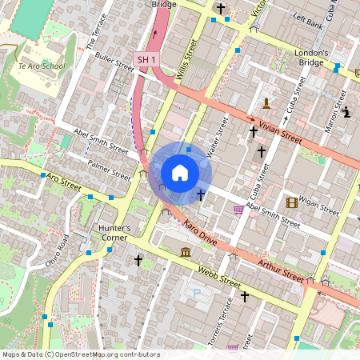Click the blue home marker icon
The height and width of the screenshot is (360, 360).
tap(180, 173)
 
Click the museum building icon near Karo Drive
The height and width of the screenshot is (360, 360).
tap(186, 254)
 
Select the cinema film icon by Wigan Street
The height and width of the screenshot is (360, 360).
tap(291, 202)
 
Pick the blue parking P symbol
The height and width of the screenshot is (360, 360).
tap(197, 294)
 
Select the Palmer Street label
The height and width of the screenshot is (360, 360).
tap(110, 170)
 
